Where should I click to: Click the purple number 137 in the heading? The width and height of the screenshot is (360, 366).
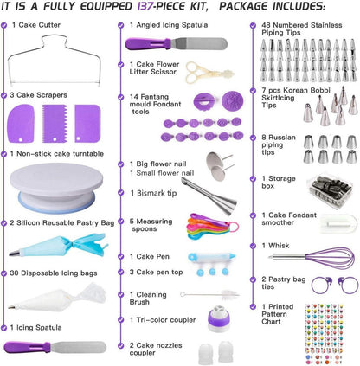pyautogui.click(x=145, y=6)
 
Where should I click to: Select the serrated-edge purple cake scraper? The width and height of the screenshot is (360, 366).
pyautogui.click(x=55, y=124)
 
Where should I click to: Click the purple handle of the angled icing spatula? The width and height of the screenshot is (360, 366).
pyautogui.click(x=148, y=44)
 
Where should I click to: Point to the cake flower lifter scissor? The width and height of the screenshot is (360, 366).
pyautogui.click(x=209, y=73)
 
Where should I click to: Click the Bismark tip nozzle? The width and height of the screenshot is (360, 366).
pyautogui.click(x=209, y=195)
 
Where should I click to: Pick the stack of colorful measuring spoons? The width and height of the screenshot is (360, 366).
pyautogui.click(x=213, y=226)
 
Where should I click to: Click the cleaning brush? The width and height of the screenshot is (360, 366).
pyautogui.click(x=210, y=294)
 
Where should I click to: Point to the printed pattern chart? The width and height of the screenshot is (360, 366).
pyautogui.click(x=324, y=334)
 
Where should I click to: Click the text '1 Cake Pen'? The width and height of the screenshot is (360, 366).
pyautogui.click(x=150, y=256)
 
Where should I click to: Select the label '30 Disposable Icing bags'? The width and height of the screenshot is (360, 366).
pyautogui.click(x=54, y=273)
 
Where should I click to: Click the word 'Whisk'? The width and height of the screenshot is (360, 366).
pyautogui.click(x=279, y=246)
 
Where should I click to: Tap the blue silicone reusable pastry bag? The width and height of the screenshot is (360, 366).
pyautogui.click(x=58, y=246)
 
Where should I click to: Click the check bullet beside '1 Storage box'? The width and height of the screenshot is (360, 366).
pyautogui.click(x=253, y=179)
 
